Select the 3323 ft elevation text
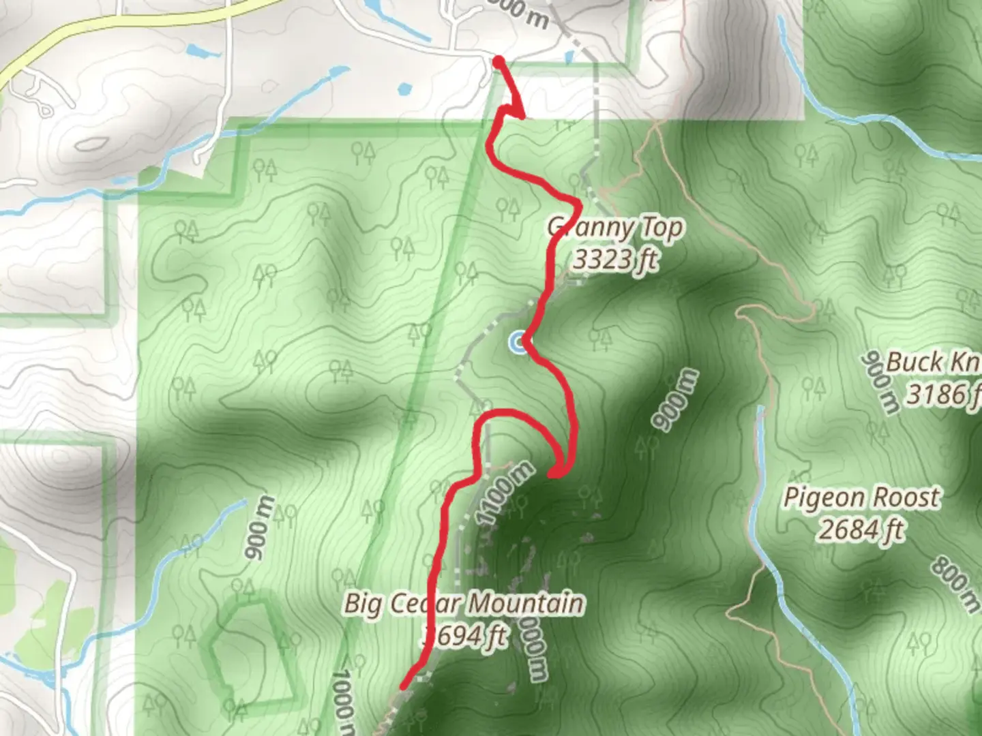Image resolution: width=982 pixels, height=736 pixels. tap(616, 260)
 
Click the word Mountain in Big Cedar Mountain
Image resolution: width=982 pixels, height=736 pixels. tap(526, 604)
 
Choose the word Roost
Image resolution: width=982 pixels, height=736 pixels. tap(906, 497)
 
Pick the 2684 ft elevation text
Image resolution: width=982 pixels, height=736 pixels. tap(861, 530)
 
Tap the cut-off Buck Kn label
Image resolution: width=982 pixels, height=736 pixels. tap(933, 363)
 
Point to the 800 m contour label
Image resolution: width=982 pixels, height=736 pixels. tap(955, 583)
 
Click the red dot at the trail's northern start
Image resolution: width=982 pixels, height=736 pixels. tap(499, 63)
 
